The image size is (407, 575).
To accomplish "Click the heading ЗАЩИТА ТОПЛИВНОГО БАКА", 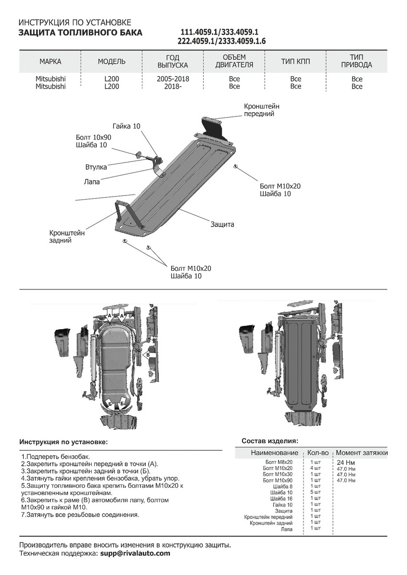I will pos(80,33).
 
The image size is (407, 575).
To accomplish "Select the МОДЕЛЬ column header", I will pos(112,61).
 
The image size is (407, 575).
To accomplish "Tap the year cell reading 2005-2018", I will pos(172,79).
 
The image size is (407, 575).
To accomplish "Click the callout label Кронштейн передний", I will pos(261,110).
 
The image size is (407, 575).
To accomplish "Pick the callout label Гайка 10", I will pos(127,126).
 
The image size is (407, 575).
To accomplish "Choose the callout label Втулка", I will pos(96,167).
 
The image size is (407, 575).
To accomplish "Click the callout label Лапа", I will pos(92,182).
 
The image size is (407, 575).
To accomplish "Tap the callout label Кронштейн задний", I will pos(67,236).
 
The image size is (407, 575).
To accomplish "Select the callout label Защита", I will pos(222,224).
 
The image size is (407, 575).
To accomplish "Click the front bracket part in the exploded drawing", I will pos(213,127).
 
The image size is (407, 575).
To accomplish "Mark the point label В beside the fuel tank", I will pos(148,355).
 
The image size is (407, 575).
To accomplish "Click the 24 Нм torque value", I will pos(346,462).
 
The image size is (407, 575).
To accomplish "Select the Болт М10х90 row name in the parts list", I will pos(278,480).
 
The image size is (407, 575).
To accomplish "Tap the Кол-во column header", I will pos(317,453).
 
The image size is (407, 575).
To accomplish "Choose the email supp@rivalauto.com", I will pos(135,553).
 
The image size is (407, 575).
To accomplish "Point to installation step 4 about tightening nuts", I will pos(100,478).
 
